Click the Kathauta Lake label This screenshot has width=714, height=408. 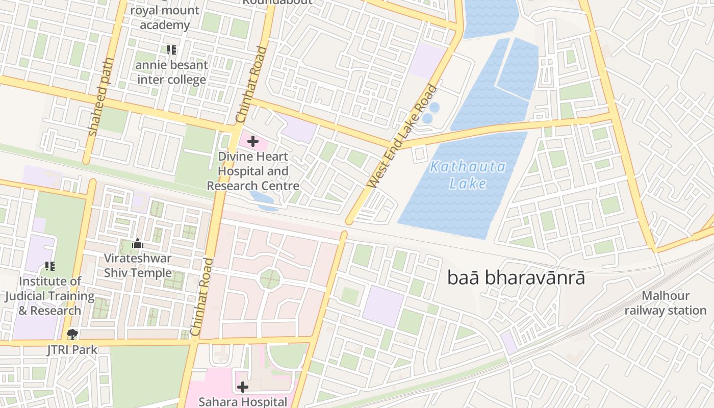[x=468, y=174]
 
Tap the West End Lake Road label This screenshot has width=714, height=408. [x=403, y=136]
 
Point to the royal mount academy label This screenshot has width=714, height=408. [x=164, y=18]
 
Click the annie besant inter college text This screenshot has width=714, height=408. [x=171, y=72]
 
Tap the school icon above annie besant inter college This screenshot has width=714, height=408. [x=171, y=50]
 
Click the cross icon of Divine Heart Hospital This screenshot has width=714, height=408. [x=252, y=141]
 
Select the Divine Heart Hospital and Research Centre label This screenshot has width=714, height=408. [x=253, y=171]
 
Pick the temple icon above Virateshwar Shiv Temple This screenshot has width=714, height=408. [x=137, y=244]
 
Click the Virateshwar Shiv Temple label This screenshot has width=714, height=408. [x=138, y=265]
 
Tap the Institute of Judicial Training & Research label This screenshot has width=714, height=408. [x=49, y=296]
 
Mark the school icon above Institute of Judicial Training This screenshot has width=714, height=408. [x=49, y=266]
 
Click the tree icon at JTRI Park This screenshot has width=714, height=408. [x=72, y=335]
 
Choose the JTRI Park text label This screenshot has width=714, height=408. [x=72, y=350]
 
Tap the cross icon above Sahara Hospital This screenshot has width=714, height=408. [x=243, y=387]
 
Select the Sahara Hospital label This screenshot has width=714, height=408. [x=243, y=402]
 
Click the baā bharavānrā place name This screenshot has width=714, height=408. [x=516, y=278]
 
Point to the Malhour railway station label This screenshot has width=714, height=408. [x=665, y=303]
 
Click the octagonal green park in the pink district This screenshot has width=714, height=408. [x=270, y=279]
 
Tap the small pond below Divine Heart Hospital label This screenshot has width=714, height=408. [x=263, y=200]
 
